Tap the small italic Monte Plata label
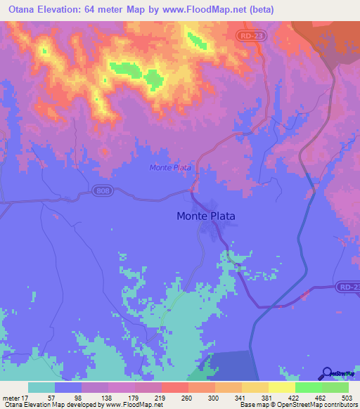pyautogui.click(x=170, y=167)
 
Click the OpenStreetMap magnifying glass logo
pyautogui.click(x=327, y=372)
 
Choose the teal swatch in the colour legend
pyautogui.click(x=41, y=387)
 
